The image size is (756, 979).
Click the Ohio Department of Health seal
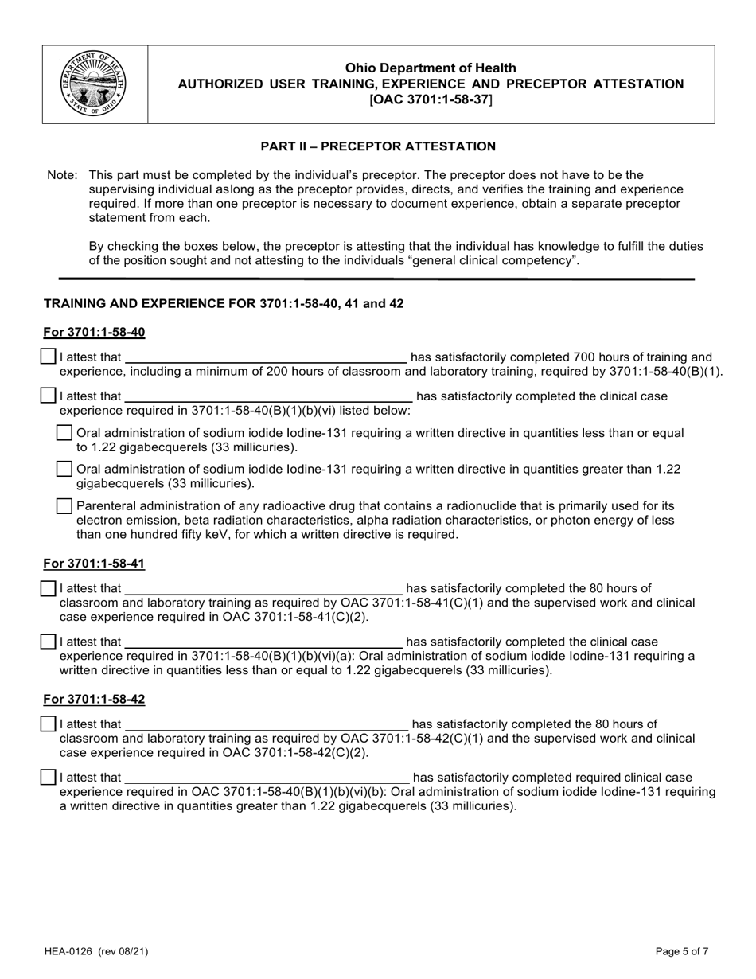94,84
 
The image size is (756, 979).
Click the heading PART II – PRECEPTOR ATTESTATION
378,146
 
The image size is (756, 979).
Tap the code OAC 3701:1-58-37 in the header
431,99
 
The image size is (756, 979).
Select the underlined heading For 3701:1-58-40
94,332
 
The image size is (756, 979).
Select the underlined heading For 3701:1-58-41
94,564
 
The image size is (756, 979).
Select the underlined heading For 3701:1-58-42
94,699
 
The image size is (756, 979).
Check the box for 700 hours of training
49,357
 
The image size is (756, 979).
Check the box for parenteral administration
65,505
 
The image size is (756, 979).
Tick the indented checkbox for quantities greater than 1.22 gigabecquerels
65,469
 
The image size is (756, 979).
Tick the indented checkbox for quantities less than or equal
65,432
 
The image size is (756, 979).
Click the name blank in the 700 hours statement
265,357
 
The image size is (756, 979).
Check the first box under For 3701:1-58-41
49,588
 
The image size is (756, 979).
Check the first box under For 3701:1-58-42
49,724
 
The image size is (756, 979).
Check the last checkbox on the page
49,777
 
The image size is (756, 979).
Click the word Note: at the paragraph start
62,175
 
